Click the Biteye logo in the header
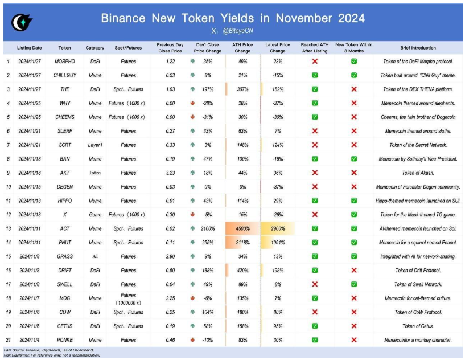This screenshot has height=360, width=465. tap(22, 22)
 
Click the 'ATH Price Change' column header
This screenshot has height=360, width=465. tap(243, 48)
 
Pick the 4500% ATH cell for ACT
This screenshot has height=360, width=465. tap(243, 228)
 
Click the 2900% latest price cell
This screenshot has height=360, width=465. tap(278, 228)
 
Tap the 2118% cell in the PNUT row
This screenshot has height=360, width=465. tap(243, 242)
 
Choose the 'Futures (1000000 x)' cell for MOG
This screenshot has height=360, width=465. tap(129, 298)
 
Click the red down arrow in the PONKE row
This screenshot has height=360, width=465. tap(194, 340)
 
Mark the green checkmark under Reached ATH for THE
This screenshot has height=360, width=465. tap(315, 89)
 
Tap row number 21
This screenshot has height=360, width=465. tap(9, 340)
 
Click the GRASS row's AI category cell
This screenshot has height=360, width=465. tap(94, 256)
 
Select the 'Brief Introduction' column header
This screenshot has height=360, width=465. tap(418, 48)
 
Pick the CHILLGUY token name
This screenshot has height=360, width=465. tap(65, 75)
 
